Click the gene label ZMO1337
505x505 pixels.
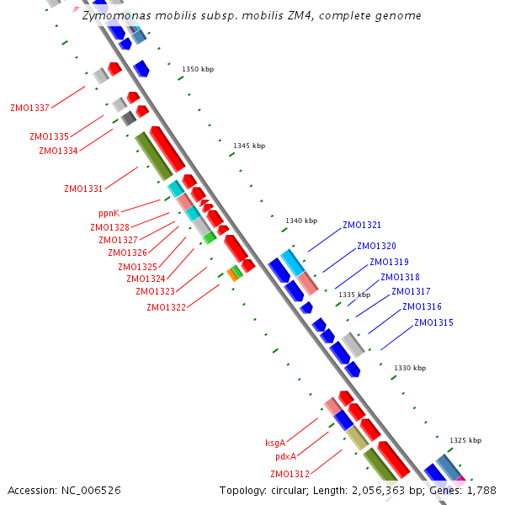point(29,108)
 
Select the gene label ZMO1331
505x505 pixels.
point(83,189)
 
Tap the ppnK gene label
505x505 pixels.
point(109,214)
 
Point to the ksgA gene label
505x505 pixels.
point(275,443)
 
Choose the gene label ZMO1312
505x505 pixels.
point(290,474)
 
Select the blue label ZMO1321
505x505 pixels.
point(362,226)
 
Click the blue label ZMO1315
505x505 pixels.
point(433,323)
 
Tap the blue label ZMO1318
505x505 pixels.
point(400,278)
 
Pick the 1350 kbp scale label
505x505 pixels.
point(198,69)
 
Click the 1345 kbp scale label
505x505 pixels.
point(249,146)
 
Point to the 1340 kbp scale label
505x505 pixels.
point(301,221)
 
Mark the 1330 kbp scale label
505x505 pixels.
point(410,368)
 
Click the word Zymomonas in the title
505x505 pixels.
point(114,15)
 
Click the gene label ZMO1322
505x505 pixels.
point(166,307)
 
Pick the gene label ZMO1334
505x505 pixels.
point(58,151)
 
